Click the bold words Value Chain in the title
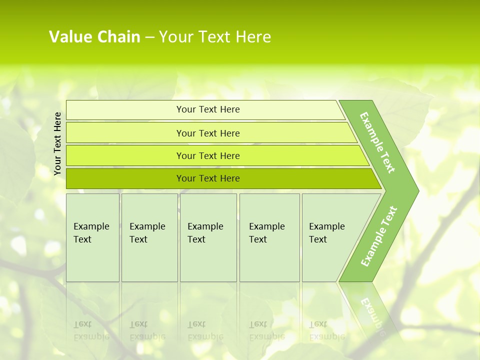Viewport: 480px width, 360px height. (94, 37)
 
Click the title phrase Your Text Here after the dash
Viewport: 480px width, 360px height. (215, 37)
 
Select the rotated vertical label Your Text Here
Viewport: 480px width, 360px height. (57, 143)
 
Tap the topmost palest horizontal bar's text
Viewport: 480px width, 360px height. (208, 109)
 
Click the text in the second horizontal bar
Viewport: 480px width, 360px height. (208, 133)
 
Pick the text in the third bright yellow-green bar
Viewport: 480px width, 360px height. (208, 156)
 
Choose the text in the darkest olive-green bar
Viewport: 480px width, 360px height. (208, 178)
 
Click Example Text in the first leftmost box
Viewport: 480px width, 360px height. (91, 233)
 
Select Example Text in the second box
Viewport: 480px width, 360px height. (147, 233)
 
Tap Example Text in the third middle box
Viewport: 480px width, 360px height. (205, 233)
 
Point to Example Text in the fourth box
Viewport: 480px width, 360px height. (266, 233)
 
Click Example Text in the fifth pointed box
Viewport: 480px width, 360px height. (326, 233)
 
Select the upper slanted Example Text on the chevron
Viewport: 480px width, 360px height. (377, 142)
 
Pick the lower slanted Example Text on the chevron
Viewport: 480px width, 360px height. (379, 236)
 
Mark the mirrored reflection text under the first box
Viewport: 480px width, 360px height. (91, 330)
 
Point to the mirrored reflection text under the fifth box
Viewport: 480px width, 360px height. (326, 330)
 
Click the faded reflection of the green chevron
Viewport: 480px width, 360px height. (372, 315)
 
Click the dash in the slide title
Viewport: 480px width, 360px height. (149, 37)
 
